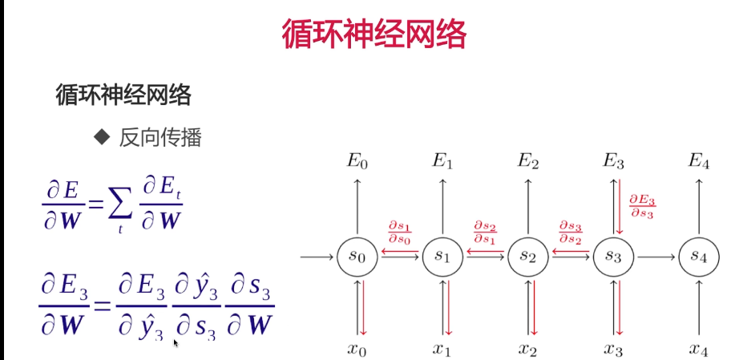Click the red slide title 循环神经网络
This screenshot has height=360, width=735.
click(374, 34)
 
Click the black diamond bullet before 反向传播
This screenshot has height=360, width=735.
click(101, 137)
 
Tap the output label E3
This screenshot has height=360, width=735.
click(613, 161)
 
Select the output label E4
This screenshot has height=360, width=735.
click(698, 161)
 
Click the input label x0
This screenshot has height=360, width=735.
click(357, 349)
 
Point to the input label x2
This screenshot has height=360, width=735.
click(527, 349)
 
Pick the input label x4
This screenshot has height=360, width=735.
click(698, 349)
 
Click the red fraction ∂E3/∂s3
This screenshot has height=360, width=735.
click(642, 205)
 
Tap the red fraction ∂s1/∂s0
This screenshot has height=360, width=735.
click(399, 233)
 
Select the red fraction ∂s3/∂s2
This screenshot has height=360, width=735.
click(570, 233)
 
